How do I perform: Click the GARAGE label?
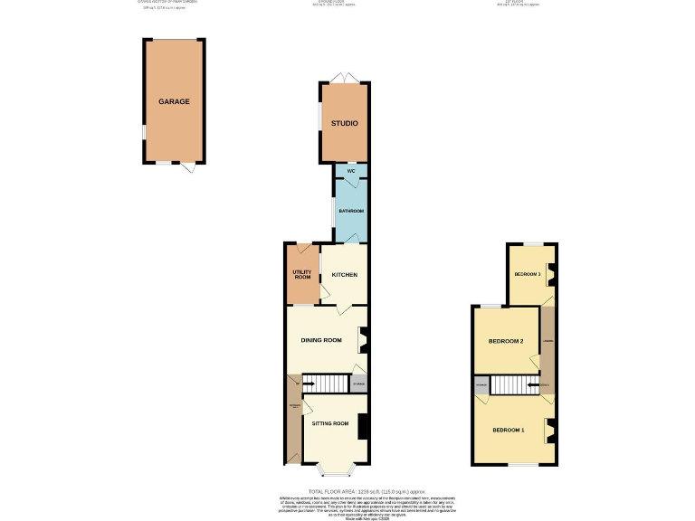[174, 101]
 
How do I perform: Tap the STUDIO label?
[344, 123]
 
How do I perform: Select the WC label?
[349, 170]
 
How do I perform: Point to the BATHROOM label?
[350, 211]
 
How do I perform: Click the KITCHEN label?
[344, 274]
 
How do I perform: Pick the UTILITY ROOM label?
[301, 274]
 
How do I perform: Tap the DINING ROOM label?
[321, 340]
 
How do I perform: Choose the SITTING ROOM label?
[329, 423]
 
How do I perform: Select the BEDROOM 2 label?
[505, 341]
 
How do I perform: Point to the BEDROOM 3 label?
[527, 274]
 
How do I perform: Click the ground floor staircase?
[326, 384]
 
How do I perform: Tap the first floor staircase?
[513, 386]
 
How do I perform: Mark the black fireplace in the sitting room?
[362, 426]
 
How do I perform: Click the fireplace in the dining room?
[363, 339]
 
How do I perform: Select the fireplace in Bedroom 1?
[549, 431]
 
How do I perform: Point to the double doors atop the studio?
[343, 78]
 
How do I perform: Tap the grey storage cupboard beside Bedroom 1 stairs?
[480, 386]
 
